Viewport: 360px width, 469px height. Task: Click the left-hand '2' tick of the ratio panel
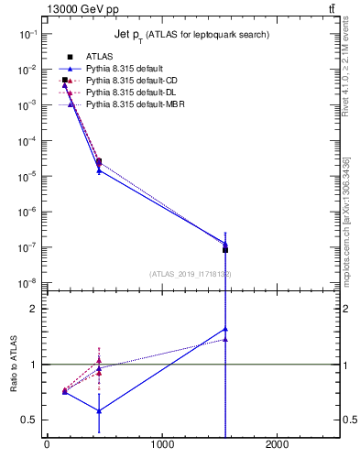tap(33, 310)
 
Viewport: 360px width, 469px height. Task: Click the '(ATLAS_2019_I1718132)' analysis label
tap(190, 274)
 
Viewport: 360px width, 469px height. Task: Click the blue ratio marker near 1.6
tap(225, 329)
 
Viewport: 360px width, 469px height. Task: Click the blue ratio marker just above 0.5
tap(98, 411)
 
